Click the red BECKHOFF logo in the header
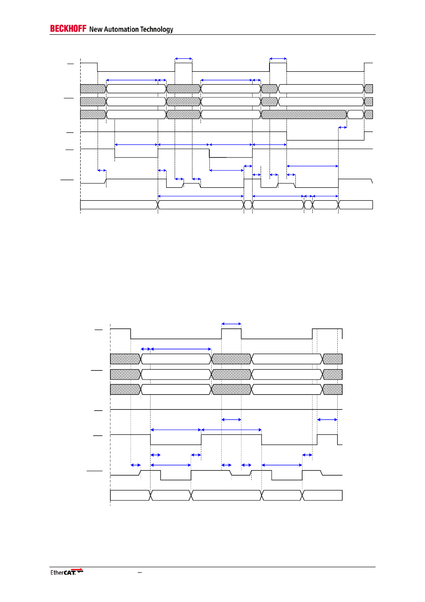[x=68, y=29]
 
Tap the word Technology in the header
[x=156, y=29]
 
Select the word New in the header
[x=96, y=29]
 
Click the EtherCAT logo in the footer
[x=66, y=572]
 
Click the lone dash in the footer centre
[x=139, y=572]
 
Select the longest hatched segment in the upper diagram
[x=303, y=115]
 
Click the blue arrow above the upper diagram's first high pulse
[x=184, y=58]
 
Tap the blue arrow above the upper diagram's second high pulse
[x=278, y=58]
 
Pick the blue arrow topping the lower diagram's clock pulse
[x=231, y=324]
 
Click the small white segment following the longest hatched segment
[x=355, y=115]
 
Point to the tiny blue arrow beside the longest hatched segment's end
[x=342, y=128]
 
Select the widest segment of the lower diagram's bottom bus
[x=226, y=495]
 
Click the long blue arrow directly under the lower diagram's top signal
[x=181, y=349]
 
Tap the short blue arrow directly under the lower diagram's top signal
[x=146, y=349]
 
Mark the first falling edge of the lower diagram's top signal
[x=131, y=334]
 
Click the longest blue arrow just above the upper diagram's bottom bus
[x=201, y=196]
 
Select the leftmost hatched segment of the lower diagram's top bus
[x=125, y=359]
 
